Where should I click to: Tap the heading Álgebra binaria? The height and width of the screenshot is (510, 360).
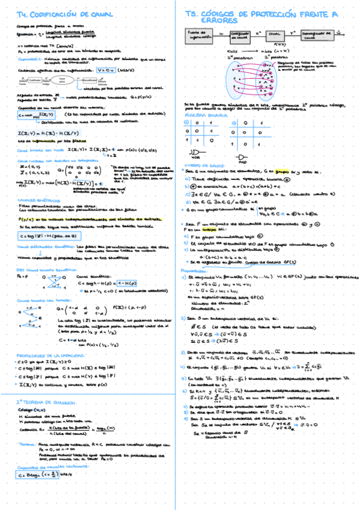click(206, 112)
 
